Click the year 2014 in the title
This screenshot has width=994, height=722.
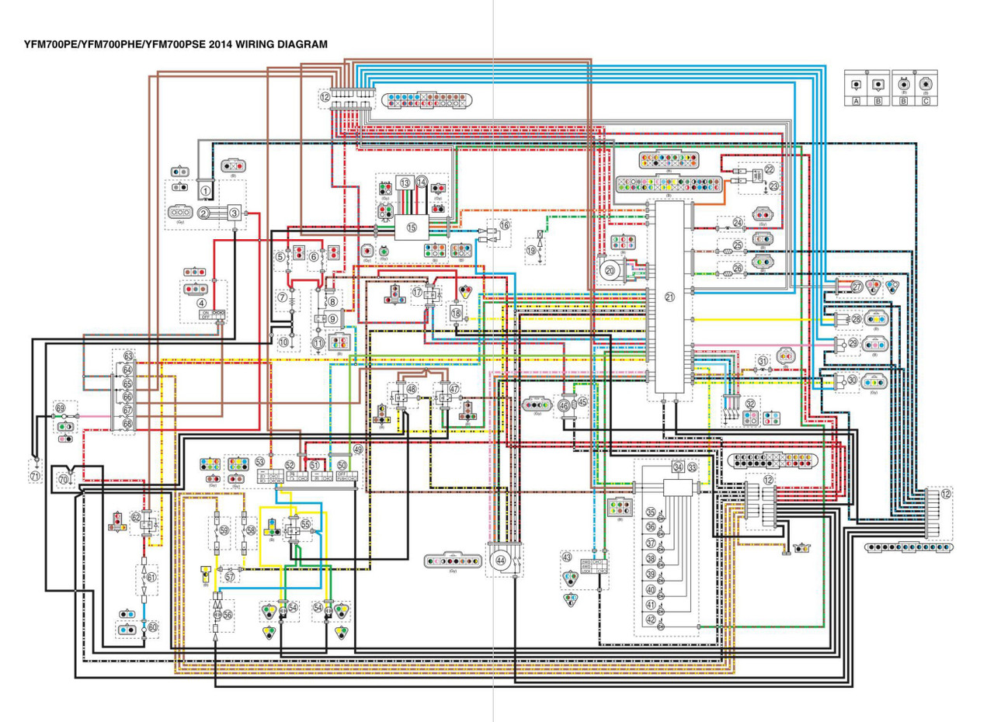click(220, 44)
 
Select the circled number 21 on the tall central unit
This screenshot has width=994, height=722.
click(670, 297)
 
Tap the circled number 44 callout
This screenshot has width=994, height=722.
click(501, 560)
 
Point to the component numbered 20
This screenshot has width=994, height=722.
click(610, 270)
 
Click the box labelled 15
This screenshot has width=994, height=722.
click(412, 227)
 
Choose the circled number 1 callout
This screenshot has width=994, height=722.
click(206, 189)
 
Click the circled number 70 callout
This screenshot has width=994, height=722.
click(64, 479)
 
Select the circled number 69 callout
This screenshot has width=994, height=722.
click(61, 407)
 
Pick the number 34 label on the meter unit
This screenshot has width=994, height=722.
click(678, 467)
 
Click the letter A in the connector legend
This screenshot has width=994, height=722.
click(856, 101)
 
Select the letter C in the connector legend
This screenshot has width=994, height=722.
click(925, 101)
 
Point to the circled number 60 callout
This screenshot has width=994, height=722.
click(152, 627)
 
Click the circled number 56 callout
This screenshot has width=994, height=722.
click(228, 614)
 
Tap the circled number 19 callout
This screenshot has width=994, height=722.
click(531, 251)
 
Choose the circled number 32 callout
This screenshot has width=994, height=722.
click(750, 404)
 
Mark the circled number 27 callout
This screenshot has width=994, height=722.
click(857, 286)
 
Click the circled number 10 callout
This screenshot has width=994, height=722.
click(283, 342)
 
